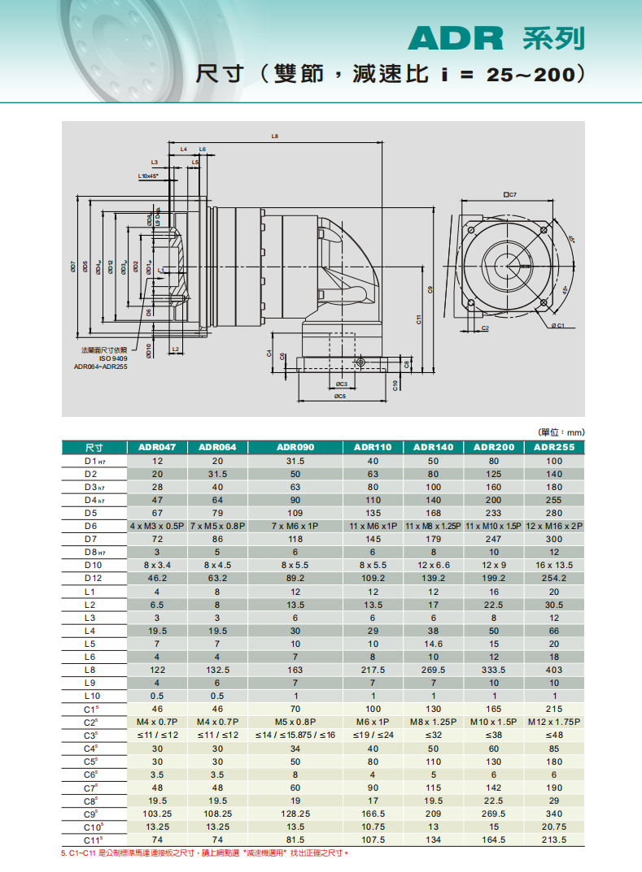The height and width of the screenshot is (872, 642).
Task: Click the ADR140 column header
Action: click(x=433, y=447)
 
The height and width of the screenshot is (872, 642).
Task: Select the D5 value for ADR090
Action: click(x=295, y=513)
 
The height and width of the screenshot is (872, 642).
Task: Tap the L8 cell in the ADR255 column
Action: click(x=554, y=670)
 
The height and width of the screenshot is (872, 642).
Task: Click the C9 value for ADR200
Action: click(x=494, y=813)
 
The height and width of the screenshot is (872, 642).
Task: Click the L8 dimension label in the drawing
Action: click(x=275, y=136)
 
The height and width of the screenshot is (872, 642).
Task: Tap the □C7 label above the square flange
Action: click(x=510, y=195)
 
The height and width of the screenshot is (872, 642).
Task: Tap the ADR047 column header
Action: click(x=158, y=447)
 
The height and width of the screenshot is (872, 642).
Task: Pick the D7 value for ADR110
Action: click(x=373, y=539)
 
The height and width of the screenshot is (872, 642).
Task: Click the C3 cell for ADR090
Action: click(x=295, y=735)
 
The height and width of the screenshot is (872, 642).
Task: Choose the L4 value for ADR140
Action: click(x=433, y=630)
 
